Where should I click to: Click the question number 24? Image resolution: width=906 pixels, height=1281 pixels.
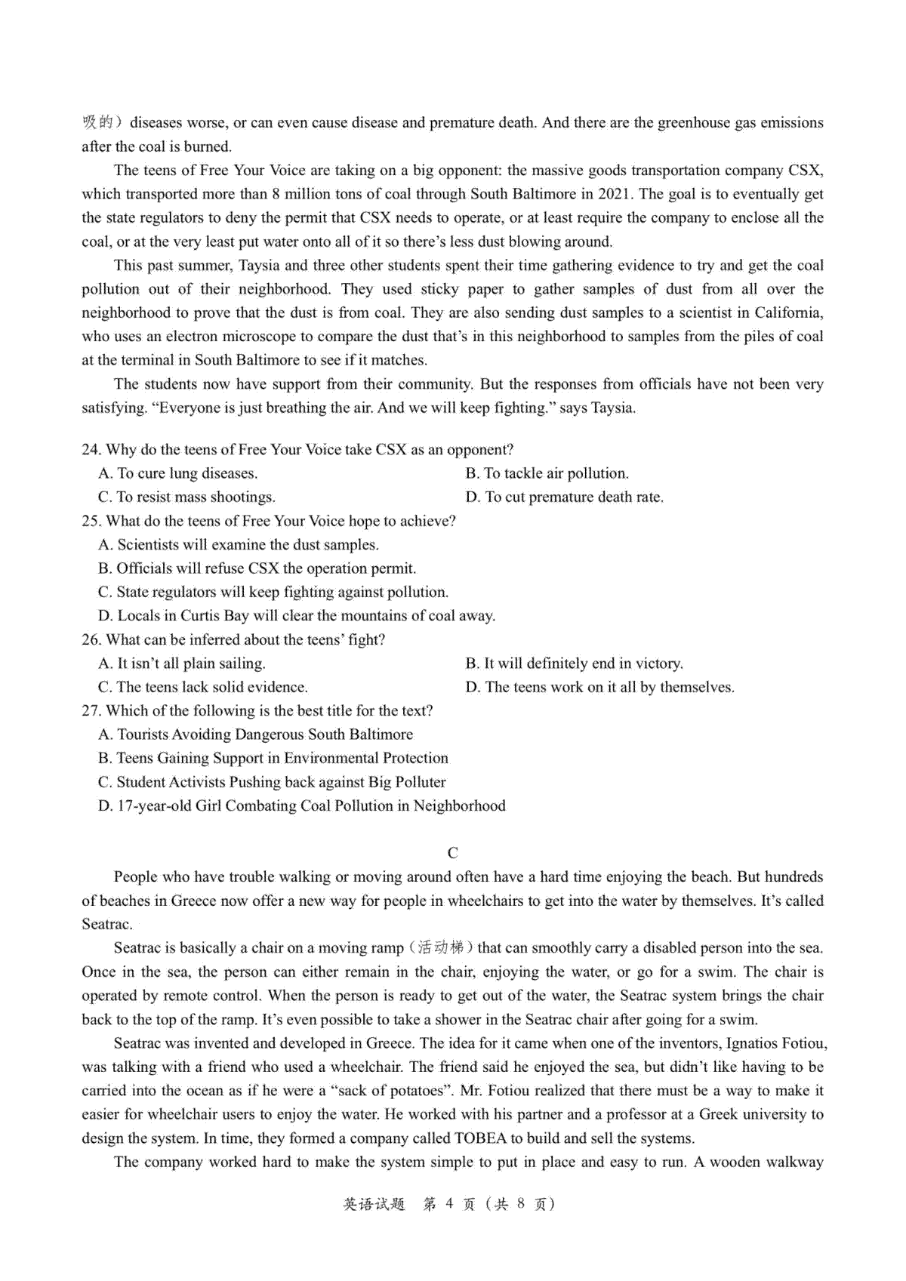pyautogui.click(x=91, y=450)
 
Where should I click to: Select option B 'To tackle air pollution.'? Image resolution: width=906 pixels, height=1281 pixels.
pyautogui.click(x=547, y=473)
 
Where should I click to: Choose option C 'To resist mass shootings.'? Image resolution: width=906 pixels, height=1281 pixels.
pyautogui.click(x=186, y=497)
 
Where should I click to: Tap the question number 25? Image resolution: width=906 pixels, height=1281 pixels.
pyautogui.click(x=91, y=521)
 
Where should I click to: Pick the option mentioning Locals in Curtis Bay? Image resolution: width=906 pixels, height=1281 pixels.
pyautogui.click(x=297, y=616)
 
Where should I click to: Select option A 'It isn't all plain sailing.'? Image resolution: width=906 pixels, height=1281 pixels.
pyautogui.click(x=182, y=664)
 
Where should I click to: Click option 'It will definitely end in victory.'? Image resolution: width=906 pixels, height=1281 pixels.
pyautogui.click(x=574, y=664)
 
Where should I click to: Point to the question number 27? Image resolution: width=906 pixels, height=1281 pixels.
pyautogui.click(x=91, y=711)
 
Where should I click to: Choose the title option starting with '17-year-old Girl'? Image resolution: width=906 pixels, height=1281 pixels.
pyautogui.click(x=302, y=806)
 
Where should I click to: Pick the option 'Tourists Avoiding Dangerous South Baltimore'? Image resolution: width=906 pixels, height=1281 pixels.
pyautogui.click(x=256, y=734)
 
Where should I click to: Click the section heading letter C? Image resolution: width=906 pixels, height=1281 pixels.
pyautogui.click(x=452, y=853)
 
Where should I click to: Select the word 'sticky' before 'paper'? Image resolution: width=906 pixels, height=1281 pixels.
pyautogui.click(x=439, y=289)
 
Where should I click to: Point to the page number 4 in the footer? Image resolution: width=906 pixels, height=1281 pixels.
pyautogui.click(x=448, y=1204)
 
